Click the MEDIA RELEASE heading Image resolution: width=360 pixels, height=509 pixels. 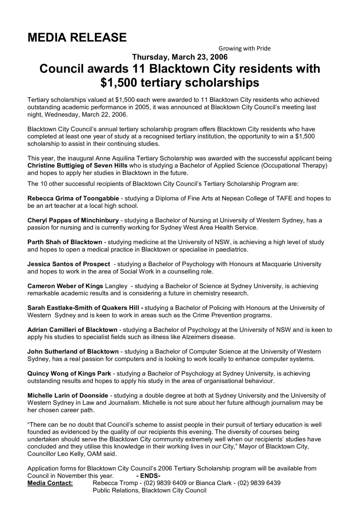(77, 37)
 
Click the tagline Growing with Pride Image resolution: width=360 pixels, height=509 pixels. (244, 48)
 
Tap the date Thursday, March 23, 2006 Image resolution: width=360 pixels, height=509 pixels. (180, 57)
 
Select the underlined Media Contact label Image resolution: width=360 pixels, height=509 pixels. (50, 483)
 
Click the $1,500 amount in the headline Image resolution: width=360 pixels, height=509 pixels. (118, 82)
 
